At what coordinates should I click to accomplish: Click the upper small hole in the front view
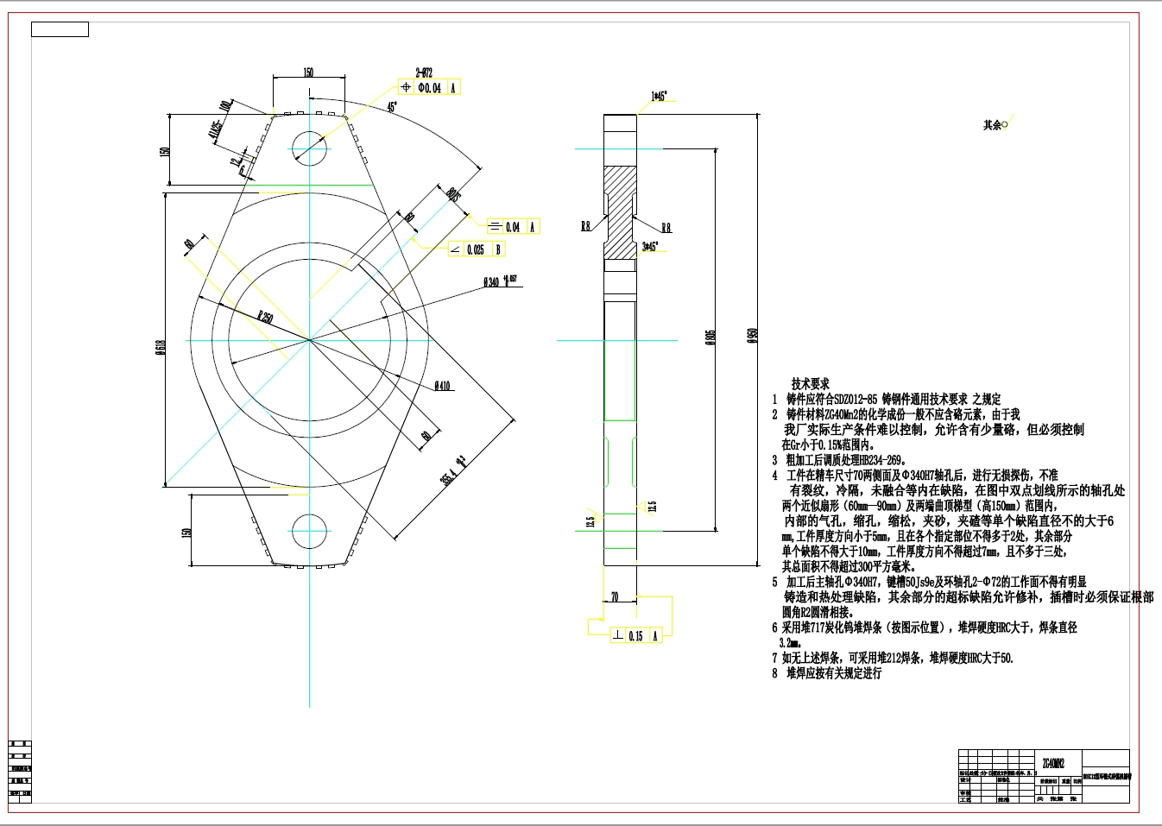[x=309, y=148]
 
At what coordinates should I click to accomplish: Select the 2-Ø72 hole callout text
[x=424, y=73]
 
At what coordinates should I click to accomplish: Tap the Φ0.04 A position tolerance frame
[x=429, y=87]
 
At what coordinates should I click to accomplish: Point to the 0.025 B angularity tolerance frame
[x=476, y=249]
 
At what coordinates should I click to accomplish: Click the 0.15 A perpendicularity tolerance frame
[x=635, y=635]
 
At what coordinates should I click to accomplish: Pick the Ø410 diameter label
[x=443, y=386]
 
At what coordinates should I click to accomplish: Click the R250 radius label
[x=265, y=317]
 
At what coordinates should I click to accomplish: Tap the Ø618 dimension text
[x=161, y=347]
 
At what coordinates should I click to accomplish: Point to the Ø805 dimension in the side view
[x=710, y=337]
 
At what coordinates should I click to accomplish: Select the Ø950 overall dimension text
[x=752, y=336]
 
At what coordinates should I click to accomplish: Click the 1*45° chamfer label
[x=659, y=97]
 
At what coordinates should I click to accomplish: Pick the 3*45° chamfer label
[x=649, y=247]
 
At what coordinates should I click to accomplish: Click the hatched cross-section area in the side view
[x=619, y=211]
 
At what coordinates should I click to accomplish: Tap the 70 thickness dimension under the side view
[x=615, y=596]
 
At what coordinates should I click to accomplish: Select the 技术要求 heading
[x=810, y=383]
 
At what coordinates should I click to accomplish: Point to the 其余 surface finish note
[x=995, y=125]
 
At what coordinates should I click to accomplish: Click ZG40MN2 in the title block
[x=1053, y=763]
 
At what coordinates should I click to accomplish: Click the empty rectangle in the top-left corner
[x=60, y=29]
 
